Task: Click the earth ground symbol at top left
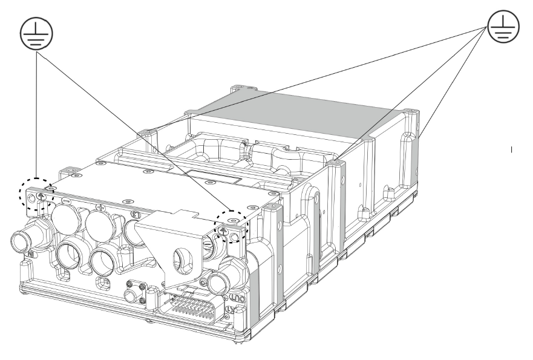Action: point(37,31)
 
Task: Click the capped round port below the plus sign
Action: point(100,224)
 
